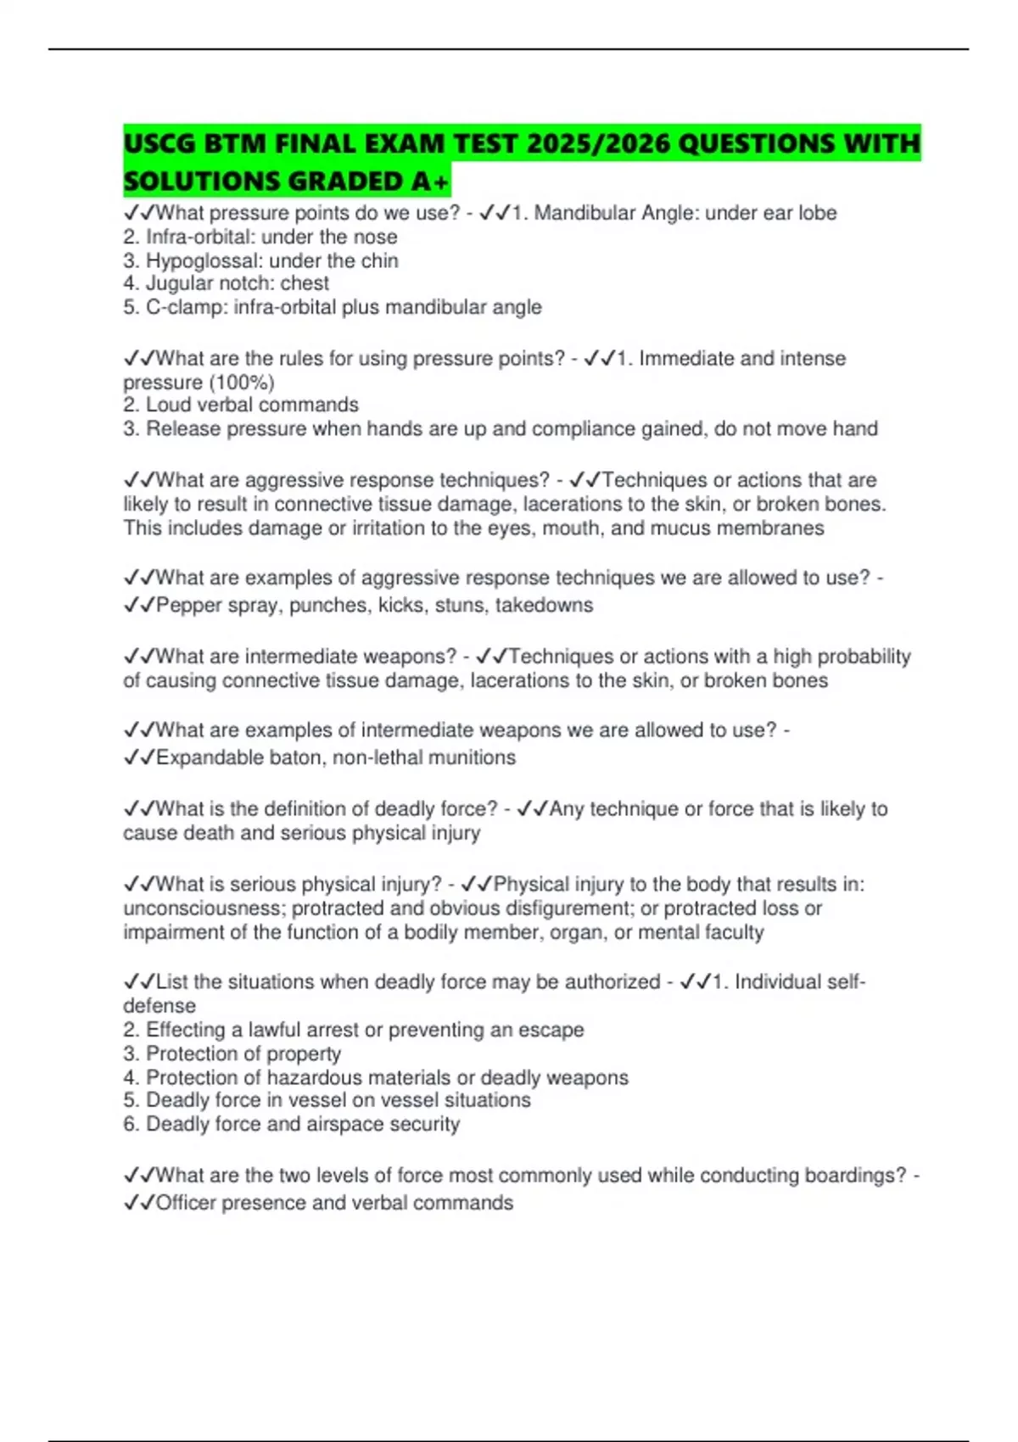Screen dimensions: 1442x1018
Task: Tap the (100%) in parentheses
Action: coord(241,383)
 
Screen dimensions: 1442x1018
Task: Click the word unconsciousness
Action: coord(203,908)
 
